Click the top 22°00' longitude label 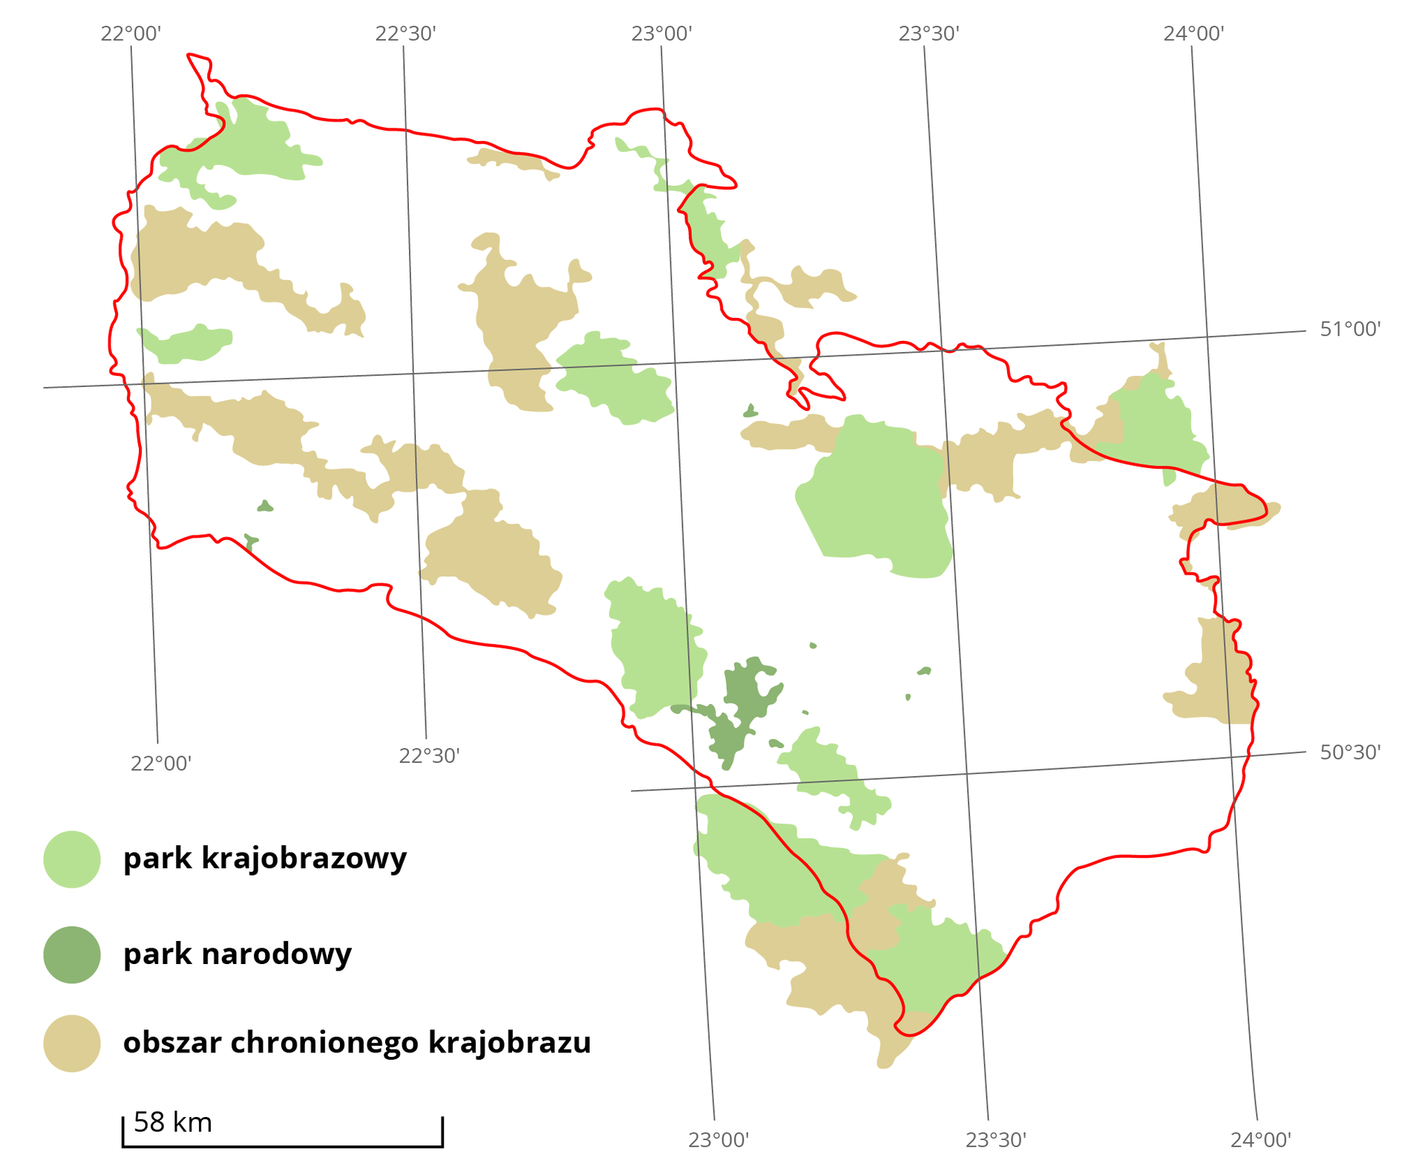tap(131, 33)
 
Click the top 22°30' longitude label tap(405, 33)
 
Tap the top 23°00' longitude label tap(662, 33)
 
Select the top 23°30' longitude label tap(928, 33)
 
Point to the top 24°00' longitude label tap(1193, 33)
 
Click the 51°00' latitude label tap(1350, 329)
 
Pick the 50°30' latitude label tap(1350, 752)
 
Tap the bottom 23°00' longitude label tap(718, 1139)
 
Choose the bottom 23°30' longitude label tap(995, 1139)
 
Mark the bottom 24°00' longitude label tap(1261, 1139)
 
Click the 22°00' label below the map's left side tap(161, 763)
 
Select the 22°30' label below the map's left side tap(429, 755)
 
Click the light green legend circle tap(72, 859)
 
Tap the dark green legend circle tap(72, 954)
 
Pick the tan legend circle tap(72, 1044)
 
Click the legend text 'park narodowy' tap(237, 954)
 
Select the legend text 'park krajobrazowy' tap(265, 859)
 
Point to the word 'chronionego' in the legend tap(327, 1043)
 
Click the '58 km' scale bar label tap(173, 1122)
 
